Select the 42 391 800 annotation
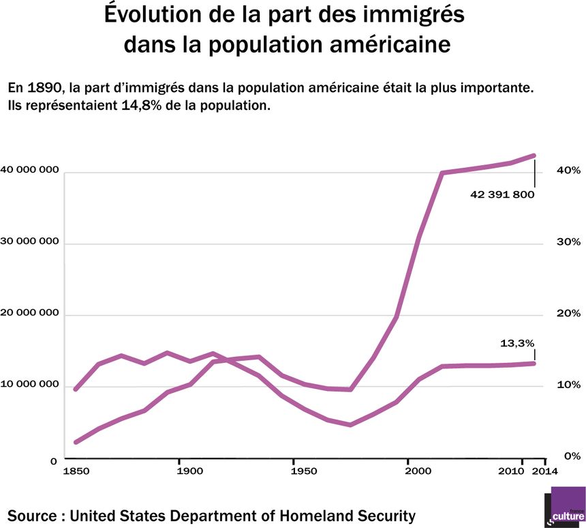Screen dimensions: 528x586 coord(502,194)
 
